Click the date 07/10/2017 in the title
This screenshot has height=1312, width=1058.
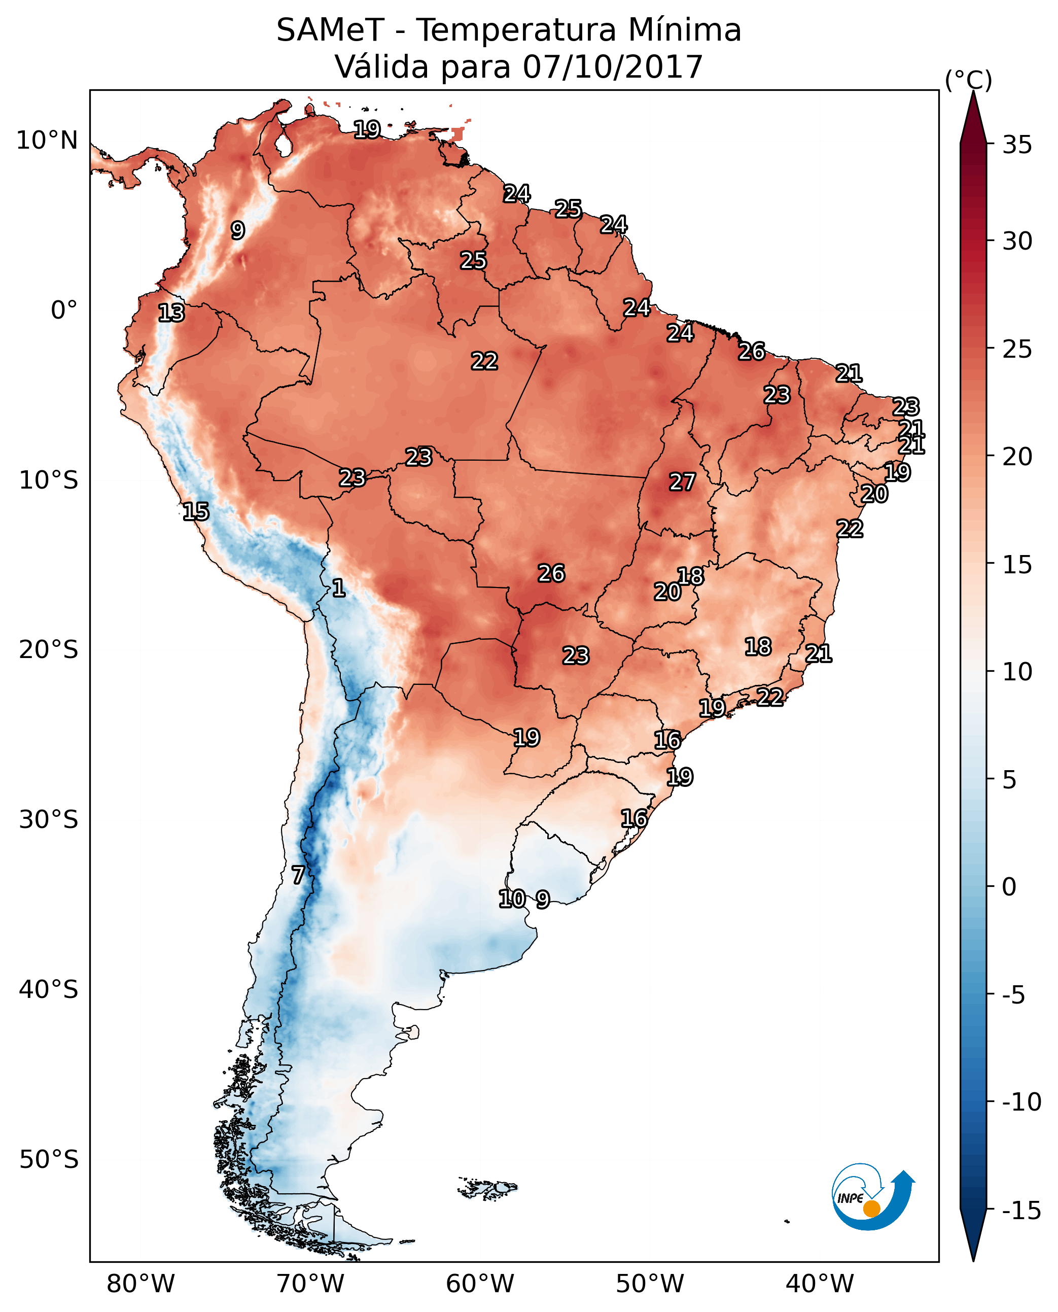[x=613, y=67]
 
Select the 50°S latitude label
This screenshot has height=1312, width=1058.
[x=49, y=1160]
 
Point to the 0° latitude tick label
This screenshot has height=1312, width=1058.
[x=64, y=310]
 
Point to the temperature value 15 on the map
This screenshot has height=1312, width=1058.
[x=196, y=511]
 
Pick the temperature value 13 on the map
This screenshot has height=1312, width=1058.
[x=171, y=313]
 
